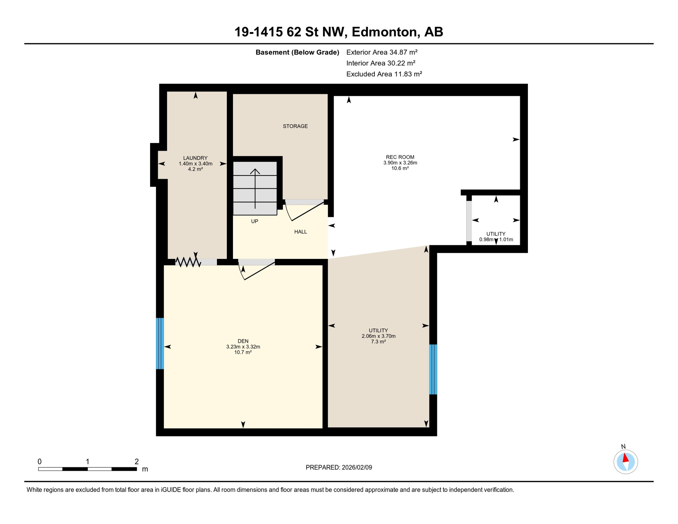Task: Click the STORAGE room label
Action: coord(295,126)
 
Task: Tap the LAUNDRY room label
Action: coord(195,158)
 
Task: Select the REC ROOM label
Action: coord(400,157)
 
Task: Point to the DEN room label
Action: coord(243,341)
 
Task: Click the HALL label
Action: coord(300,232)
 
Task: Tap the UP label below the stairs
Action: coord(254,221)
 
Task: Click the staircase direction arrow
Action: coord(255,188)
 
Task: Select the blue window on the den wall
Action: coord(160,343)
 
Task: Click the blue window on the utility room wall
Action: coord(433,369)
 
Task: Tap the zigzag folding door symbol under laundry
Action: coord(188,262)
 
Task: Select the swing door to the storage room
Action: coord(305,211)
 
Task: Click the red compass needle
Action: coord(625,458)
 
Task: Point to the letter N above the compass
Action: coord(623,447)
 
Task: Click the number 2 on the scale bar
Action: coord(136,462)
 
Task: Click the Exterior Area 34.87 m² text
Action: coord(382,52)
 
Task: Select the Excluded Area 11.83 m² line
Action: coord(384,74)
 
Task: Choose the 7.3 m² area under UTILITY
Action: coord(378,341)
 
